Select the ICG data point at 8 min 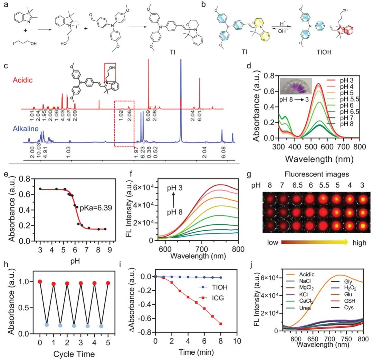click(220, 324)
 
